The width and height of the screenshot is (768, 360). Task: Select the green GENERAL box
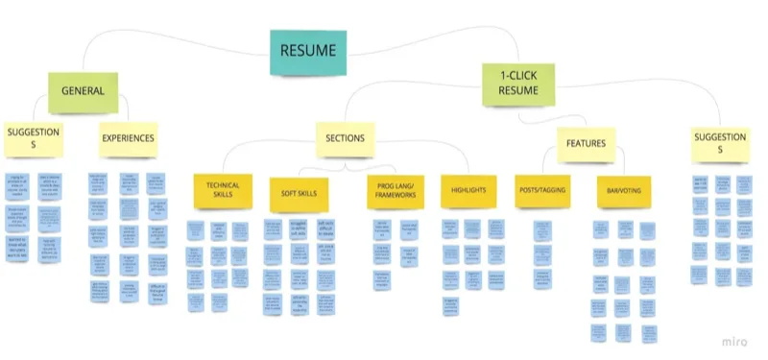83,92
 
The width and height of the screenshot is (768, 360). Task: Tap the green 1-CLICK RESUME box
517,84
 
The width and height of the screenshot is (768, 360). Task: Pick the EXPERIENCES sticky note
128,138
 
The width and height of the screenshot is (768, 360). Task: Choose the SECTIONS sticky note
345,138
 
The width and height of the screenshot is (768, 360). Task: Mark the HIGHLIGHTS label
468,190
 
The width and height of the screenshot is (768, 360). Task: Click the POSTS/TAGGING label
543,190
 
